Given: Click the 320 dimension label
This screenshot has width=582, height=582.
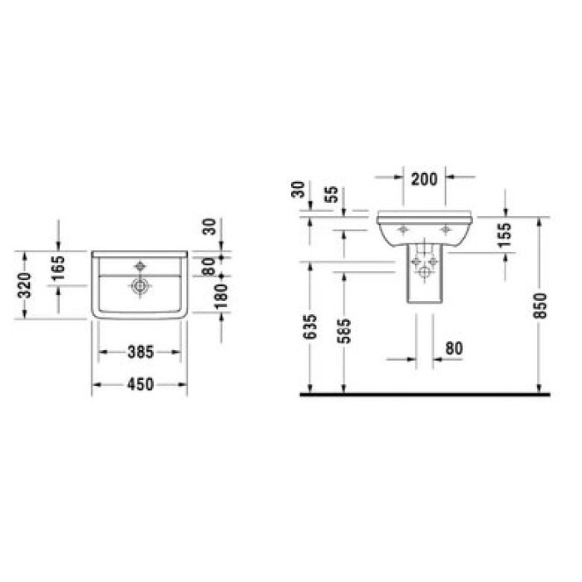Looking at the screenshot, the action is [x=25, y=284].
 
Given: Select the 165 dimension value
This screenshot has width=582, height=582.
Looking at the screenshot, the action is [x=58, y=268].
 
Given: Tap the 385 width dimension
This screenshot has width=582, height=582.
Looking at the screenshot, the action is [x=141, y=352].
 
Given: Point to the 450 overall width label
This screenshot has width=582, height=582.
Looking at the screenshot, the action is [x=141, y=384].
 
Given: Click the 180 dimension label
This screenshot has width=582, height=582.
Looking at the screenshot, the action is [x=221, y=297].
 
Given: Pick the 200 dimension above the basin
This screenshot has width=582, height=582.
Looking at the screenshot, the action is [x=425, y=180].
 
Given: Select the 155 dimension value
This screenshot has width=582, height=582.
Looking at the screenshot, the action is [x=505, y=234].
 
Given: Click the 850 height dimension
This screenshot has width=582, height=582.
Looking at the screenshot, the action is [x=540, y=305].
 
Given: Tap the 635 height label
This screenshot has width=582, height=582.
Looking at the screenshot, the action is [x=310, y=327].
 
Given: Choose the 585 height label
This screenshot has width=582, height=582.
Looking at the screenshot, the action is [x=344, y=331].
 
